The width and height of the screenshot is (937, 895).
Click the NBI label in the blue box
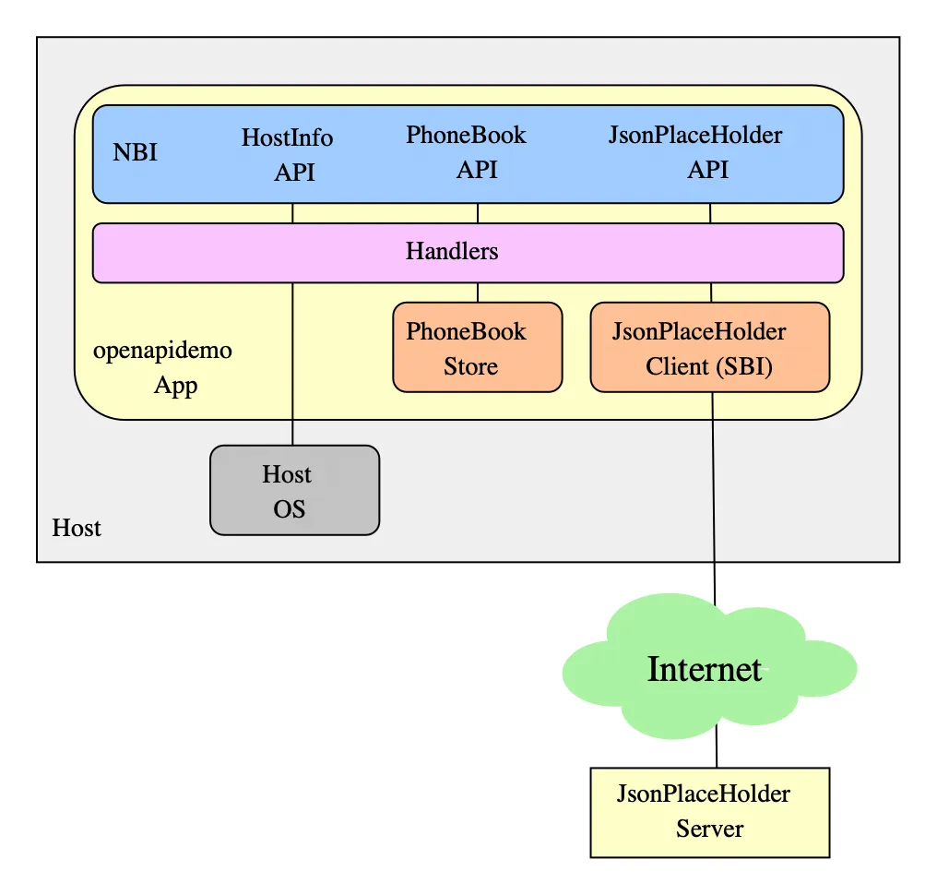click(135, 152)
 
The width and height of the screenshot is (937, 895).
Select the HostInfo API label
click(288, 154)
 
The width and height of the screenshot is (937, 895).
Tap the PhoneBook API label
click(467, 151)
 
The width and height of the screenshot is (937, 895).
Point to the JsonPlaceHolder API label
click(696, 151)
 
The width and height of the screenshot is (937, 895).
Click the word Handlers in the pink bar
click(452, 251)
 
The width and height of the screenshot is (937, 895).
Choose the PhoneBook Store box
click(477, 348)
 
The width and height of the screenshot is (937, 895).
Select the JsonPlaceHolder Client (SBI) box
click(708, 348)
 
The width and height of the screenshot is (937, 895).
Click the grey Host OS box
click(294, 490)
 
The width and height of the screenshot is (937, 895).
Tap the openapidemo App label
click(163, 368)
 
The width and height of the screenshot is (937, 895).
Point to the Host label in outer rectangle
click(77, 528)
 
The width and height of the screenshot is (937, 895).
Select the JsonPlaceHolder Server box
click(709, 812)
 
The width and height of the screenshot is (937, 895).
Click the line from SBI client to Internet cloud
click(714, 498)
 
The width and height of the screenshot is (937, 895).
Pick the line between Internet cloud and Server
click(718, 747)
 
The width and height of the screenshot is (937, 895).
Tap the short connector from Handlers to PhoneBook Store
click(477, 292)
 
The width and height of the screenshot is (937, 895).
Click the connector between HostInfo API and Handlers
click(292, 213)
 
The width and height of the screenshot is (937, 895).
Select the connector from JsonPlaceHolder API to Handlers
click(710, 213)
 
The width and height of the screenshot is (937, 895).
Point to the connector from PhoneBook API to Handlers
click(477, 213)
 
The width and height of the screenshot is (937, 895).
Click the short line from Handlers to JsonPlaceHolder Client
click(711, 292)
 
